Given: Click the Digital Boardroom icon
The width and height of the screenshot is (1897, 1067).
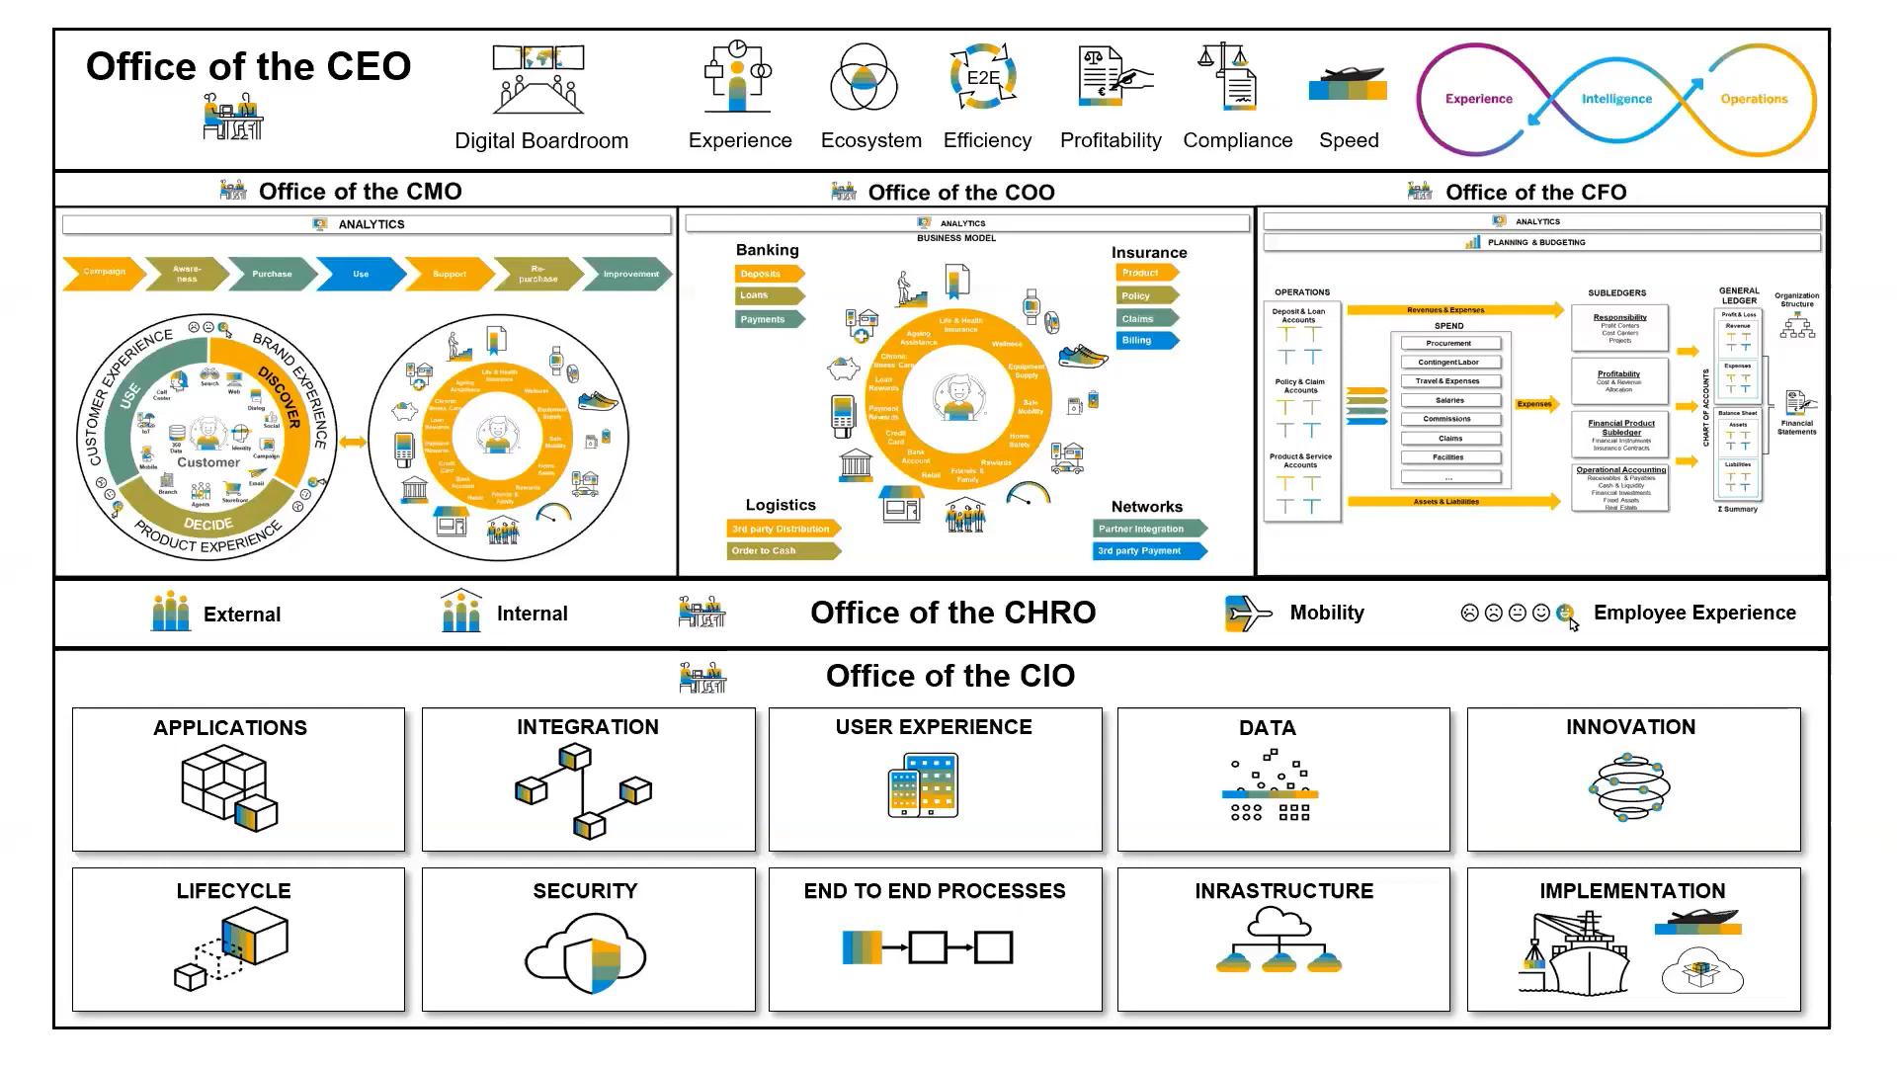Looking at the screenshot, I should pos(538,79).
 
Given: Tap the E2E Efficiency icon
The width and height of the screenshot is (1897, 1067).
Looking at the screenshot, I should pos(983,77).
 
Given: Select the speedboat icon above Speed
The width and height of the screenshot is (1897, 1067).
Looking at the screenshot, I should pos(1348,83).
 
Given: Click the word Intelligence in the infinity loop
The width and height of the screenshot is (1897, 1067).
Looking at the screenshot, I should pos(1616,99).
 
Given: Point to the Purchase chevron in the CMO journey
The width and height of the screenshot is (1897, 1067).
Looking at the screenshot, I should pos(272,274).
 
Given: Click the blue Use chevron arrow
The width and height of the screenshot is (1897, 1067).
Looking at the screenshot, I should pos(362,274).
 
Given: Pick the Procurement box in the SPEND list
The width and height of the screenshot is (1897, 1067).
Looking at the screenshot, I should pos(1449,343).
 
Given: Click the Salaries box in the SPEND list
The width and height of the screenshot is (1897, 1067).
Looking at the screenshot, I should pos(1449,400).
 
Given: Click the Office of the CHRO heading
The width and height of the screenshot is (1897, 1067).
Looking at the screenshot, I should pos(952,613).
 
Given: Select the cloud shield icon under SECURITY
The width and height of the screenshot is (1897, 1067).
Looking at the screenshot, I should pos(586,953).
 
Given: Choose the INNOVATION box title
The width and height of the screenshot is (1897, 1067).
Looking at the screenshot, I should pos(1630,727).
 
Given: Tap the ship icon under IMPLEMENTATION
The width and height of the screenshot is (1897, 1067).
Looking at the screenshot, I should pos(1576,956).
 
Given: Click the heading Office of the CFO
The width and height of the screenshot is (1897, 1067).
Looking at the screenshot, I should pos(1535,192).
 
